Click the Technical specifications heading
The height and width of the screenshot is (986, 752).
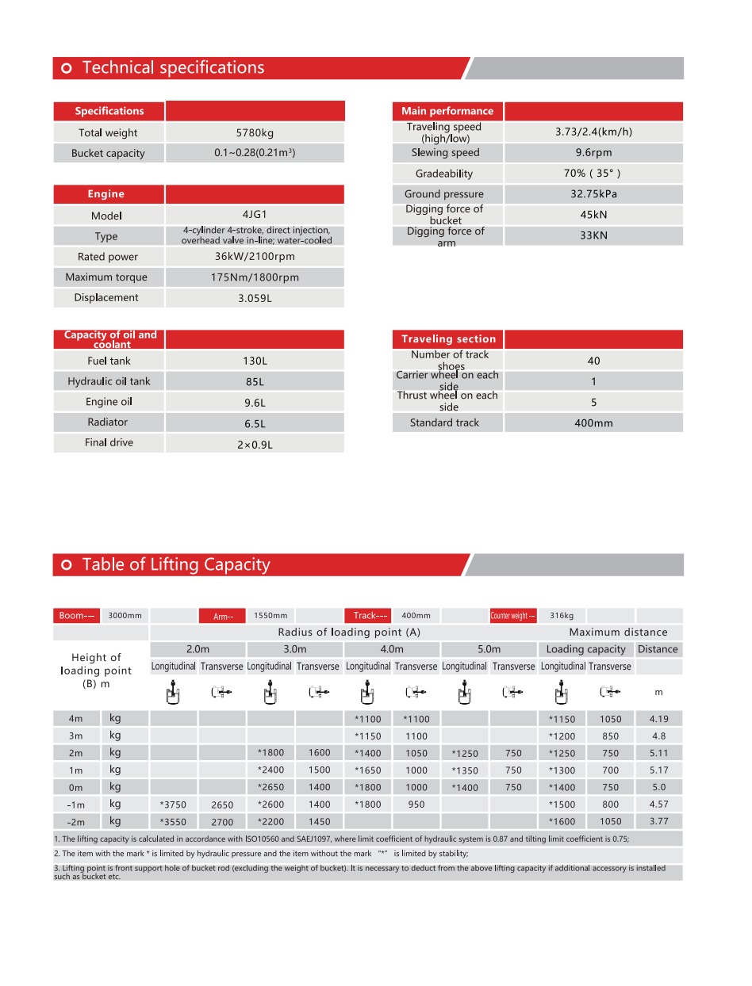173,68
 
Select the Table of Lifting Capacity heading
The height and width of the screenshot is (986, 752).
175,565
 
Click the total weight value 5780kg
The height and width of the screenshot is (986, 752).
255,133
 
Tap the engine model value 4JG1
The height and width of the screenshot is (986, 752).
255,215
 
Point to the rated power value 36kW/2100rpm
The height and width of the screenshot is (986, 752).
255,257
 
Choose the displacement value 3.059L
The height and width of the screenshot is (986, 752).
255,299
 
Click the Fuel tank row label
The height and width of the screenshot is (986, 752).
109,361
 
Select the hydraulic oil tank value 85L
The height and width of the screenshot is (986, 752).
255,382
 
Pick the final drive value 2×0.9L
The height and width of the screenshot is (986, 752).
255,445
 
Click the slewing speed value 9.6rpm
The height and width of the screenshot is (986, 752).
593,153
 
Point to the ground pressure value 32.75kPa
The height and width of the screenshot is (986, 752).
593,194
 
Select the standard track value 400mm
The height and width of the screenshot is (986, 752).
593,423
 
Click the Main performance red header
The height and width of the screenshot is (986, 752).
447,111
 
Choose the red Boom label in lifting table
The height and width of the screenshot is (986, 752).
77,616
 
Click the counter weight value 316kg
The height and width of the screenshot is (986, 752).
562,616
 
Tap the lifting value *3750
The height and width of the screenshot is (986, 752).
173,805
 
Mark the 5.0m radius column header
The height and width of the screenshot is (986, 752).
489,649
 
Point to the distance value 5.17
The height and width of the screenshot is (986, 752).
658,770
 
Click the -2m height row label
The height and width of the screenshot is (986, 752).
75,823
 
